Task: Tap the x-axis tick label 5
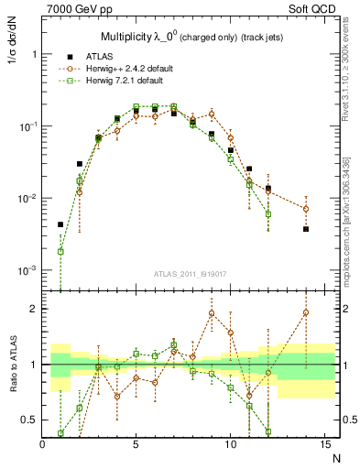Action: click(x=136, y=444)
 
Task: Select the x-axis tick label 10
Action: click(x=230, y=444)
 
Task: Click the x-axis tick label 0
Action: click(x=43, y=444)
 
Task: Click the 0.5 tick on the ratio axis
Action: click(x=30, y=420)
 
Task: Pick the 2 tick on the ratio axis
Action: click(x=35, y=309)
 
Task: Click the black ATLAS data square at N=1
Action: click(x=60, y=224)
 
